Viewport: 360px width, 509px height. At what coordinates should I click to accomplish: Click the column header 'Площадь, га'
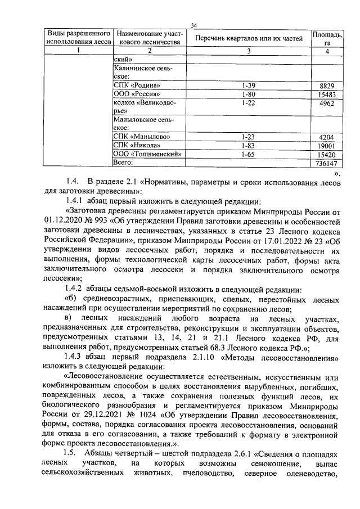tap(326, 38)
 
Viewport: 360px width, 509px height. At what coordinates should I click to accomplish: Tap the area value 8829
tap(326, 85)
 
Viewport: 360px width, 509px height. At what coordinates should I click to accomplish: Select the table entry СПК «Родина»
tap(137, 85)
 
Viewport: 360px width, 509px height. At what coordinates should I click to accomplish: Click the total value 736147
tap(326, 163)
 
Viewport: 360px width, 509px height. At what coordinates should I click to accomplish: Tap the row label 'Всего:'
tap(123, 162)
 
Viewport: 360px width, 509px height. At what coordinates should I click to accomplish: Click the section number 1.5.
tap(70, 453)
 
